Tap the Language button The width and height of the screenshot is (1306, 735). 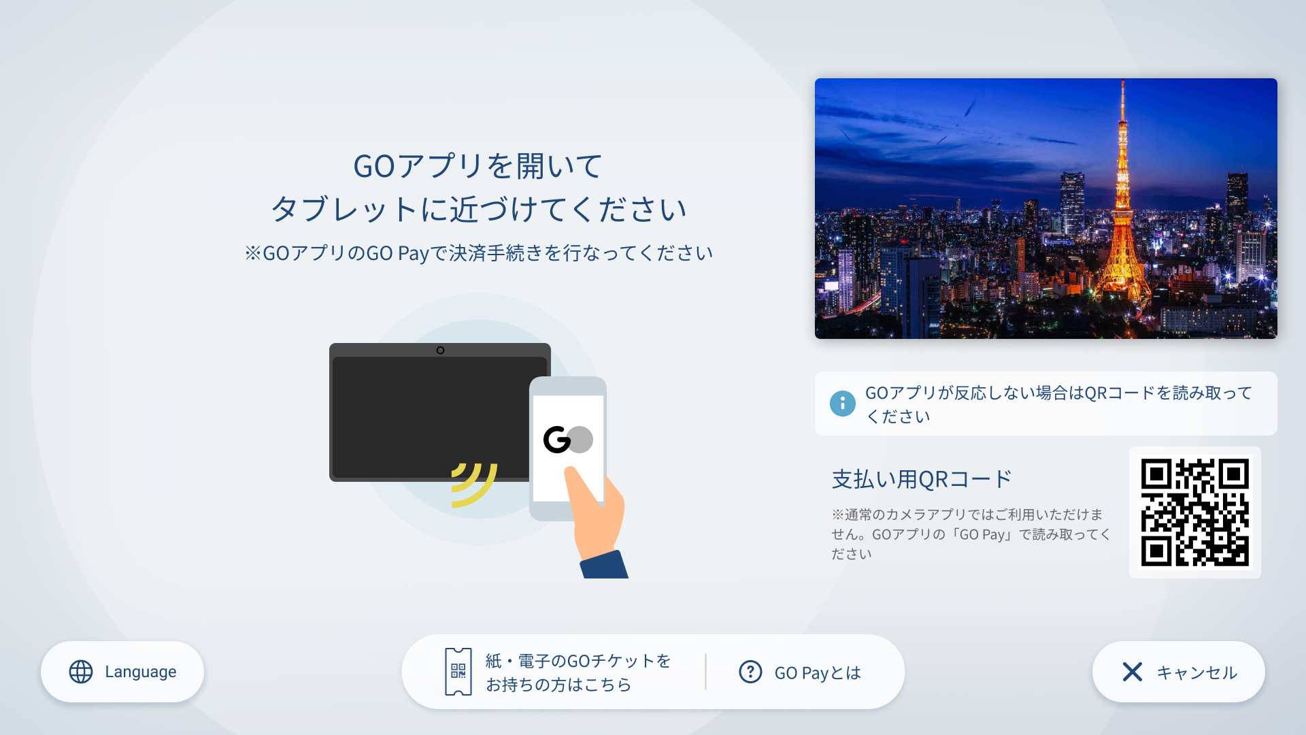(122, 672)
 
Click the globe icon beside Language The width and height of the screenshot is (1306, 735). (81, 672)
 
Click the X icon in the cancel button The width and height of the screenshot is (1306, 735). (1133, 672)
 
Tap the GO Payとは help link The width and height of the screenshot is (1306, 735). (800, 672)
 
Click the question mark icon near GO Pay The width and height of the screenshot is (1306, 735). (750, 672)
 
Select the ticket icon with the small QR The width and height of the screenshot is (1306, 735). (458, 672)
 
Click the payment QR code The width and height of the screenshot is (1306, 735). (1195, 512)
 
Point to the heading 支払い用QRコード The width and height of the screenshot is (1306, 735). (922, 479)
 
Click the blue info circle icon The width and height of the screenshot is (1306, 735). (843, 404)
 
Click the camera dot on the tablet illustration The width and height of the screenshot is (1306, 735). (441, 350)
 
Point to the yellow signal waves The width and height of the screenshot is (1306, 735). (474, 485)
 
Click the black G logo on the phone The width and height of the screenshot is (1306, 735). (556, 440)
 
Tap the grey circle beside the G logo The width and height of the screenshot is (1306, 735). (580, 440)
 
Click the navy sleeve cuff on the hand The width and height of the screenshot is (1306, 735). (605, 565)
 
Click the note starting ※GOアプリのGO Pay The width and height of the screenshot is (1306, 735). (479, 253)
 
